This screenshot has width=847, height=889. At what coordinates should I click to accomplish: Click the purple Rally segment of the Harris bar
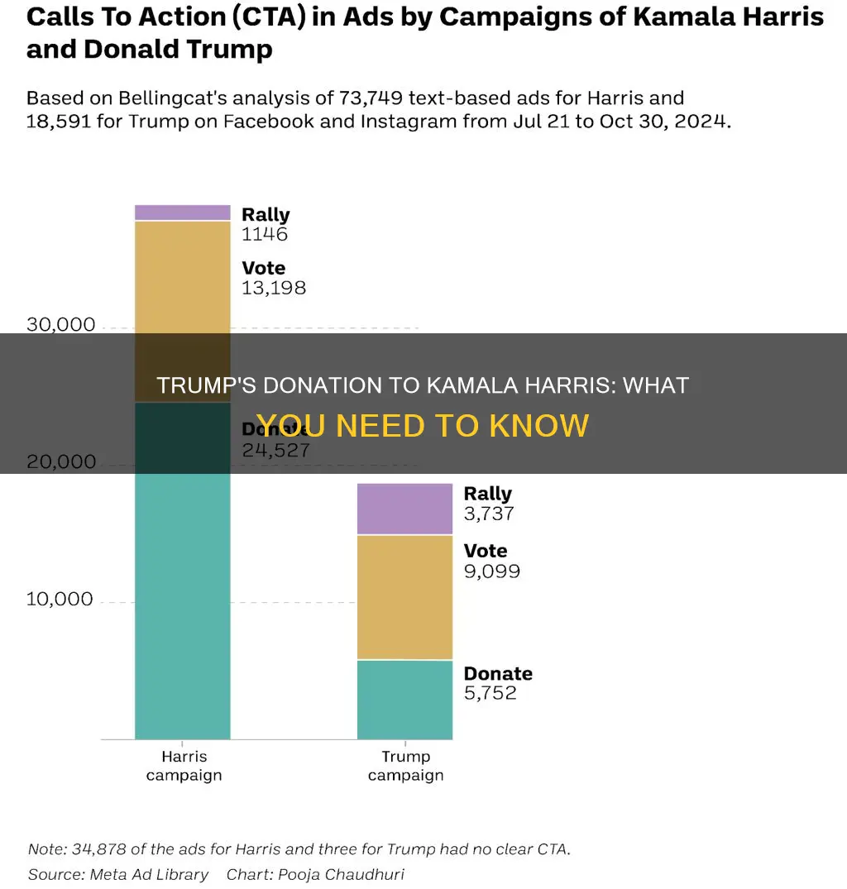click(x=182, y=213)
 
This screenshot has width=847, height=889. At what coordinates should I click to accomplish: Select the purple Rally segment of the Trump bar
click(x=404, y=509)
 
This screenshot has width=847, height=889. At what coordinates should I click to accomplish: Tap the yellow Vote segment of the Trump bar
click(x=404, y=597)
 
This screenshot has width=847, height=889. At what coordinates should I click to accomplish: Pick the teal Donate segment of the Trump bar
click(x=404, y=699)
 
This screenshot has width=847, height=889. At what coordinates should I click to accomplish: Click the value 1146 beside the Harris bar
click(x=265, y=234)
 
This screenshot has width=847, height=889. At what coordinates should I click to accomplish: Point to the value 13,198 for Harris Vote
click(x=274, y=288)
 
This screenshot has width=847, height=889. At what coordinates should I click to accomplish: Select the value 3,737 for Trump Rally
click(x=489, y=514)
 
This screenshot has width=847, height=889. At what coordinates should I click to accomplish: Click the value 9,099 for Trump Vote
click(x=492, y=571)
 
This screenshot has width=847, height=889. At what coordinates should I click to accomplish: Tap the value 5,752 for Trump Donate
click(x=490, y=693)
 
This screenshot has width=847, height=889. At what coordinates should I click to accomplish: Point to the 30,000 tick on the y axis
click(x=60, y=325)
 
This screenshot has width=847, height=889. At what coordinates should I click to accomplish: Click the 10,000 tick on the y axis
click(x=60, y=599)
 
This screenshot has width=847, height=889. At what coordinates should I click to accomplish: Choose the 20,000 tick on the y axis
click(x=60, y=461)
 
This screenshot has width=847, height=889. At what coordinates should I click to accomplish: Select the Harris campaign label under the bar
click(x=184, y=766)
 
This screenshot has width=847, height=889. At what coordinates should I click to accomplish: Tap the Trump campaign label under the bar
click(x=405, y=766)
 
